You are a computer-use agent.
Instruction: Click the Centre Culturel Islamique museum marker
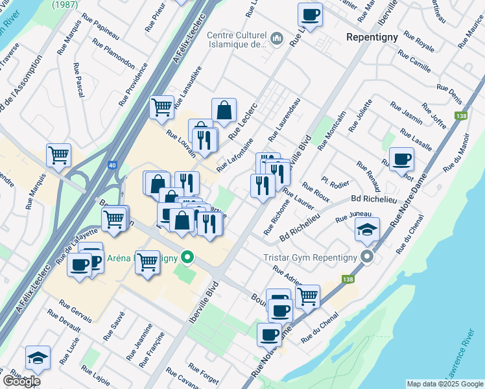click(x=277, y=39)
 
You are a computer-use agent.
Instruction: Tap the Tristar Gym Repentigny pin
click(x=367, y=257)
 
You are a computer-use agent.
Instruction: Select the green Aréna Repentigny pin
click(x=188, y=257)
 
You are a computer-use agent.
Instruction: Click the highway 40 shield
click(x=113, y=165)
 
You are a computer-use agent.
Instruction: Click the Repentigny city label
click(x=372, y=37)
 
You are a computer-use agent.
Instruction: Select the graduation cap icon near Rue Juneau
click(x=367, y=229)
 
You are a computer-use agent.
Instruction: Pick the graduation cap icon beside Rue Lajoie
click(x=38, y=358)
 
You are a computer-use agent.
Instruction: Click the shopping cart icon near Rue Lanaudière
click(x=161, y=107)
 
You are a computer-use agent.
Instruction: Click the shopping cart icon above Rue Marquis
click(x=58, y=155)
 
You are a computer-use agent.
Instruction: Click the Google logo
click(x=21, y=381)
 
